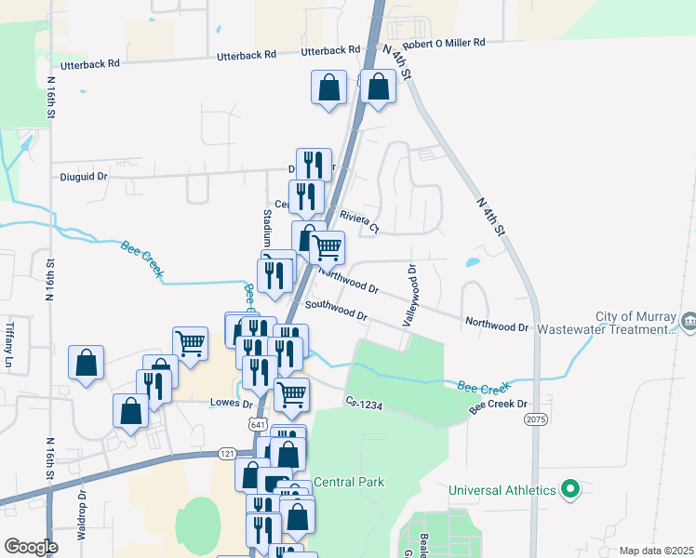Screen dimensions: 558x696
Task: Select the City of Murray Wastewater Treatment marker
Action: (x=688, y=322)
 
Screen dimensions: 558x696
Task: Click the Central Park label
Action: (x=349, y=482)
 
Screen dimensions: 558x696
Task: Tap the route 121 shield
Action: (x=227, y=453)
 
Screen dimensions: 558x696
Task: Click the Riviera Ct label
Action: (x=359, y=221)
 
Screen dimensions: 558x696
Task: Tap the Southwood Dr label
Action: (x=335, y=311)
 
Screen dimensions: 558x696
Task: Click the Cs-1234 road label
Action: (x=365, y=402)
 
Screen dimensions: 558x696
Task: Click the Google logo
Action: (x=31, y=547)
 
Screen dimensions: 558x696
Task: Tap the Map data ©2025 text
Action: (x=656, y=551)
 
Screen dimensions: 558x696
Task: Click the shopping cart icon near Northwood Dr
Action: (x=327, y=247)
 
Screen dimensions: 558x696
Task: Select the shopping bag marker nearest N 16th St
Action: (x=86, y=363)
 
